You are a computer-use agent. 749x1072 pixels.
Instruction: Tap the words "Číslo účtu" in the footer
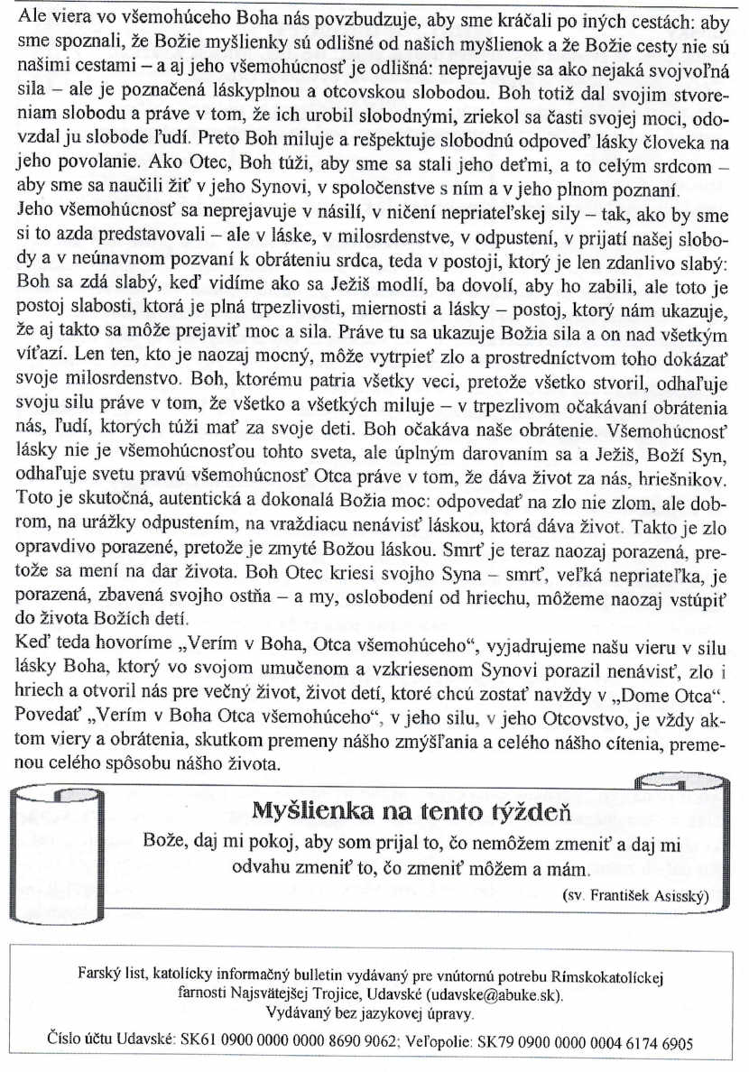pos(84,1040)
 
